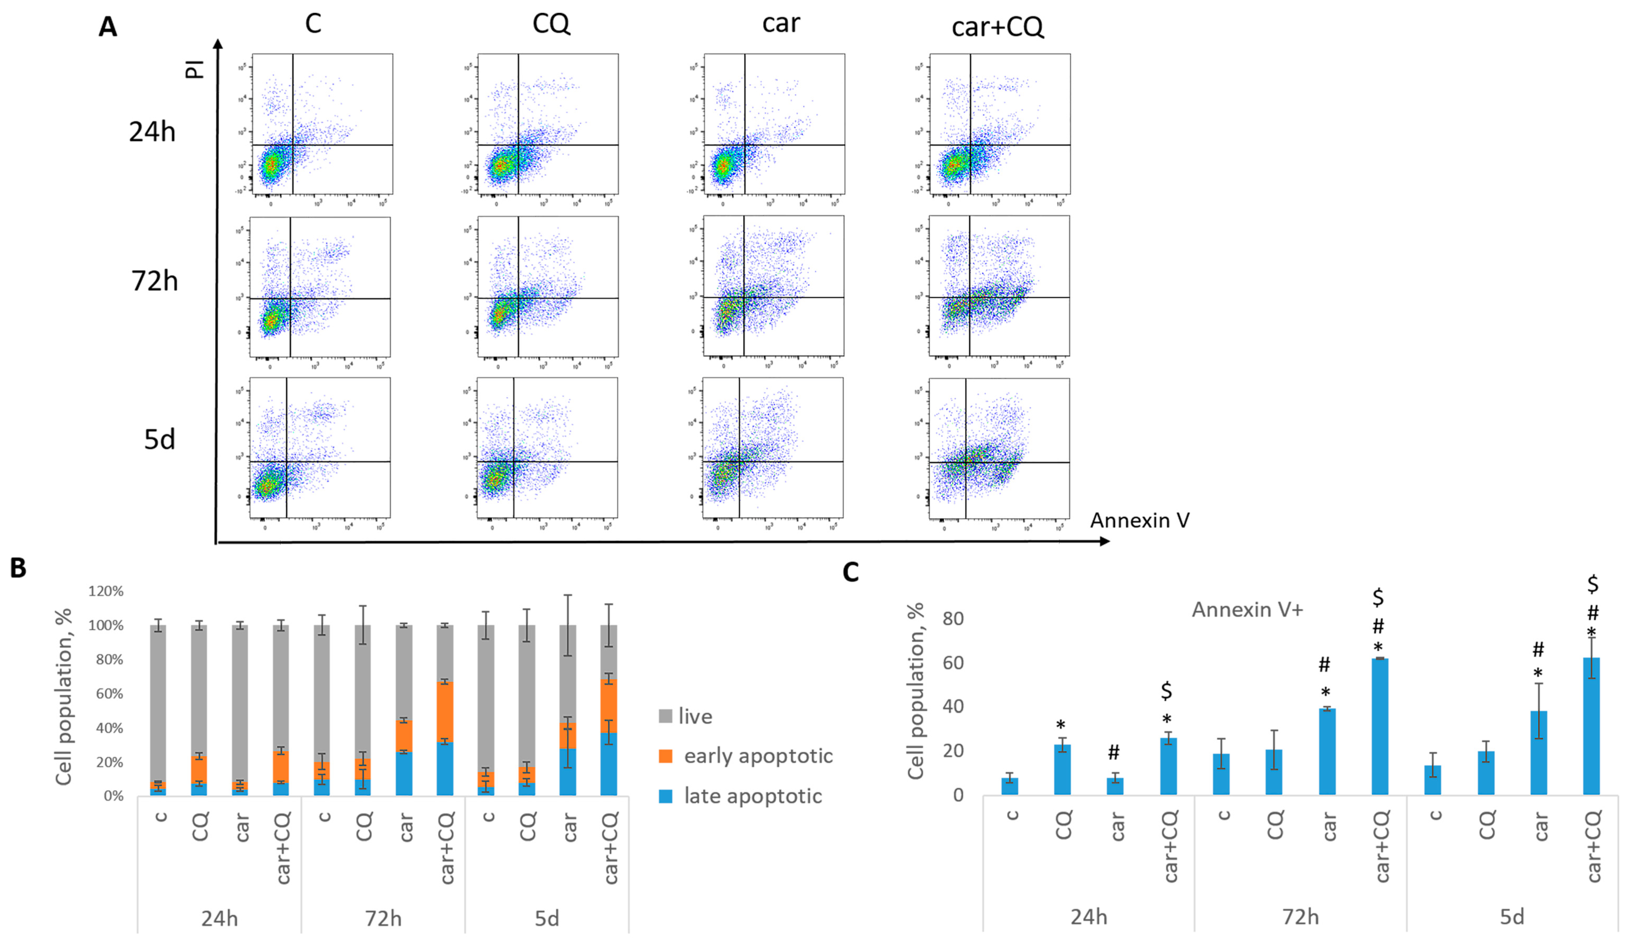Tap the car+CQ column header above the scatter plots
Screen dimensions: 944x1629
click(x=997, y=27)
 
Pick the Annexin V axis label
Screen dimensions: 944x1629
click(x=1140, y=520)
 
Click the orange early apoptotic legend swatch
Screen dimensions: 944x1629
click(x=665, y=756)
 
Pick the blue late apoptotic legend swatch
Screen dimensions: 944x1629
click(x=665, y=796)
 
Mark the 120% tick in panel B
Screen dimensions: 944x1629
click(x=106, y=591)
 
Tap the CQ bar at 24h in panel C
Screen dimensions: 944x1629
click(x=1062, y=769)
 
